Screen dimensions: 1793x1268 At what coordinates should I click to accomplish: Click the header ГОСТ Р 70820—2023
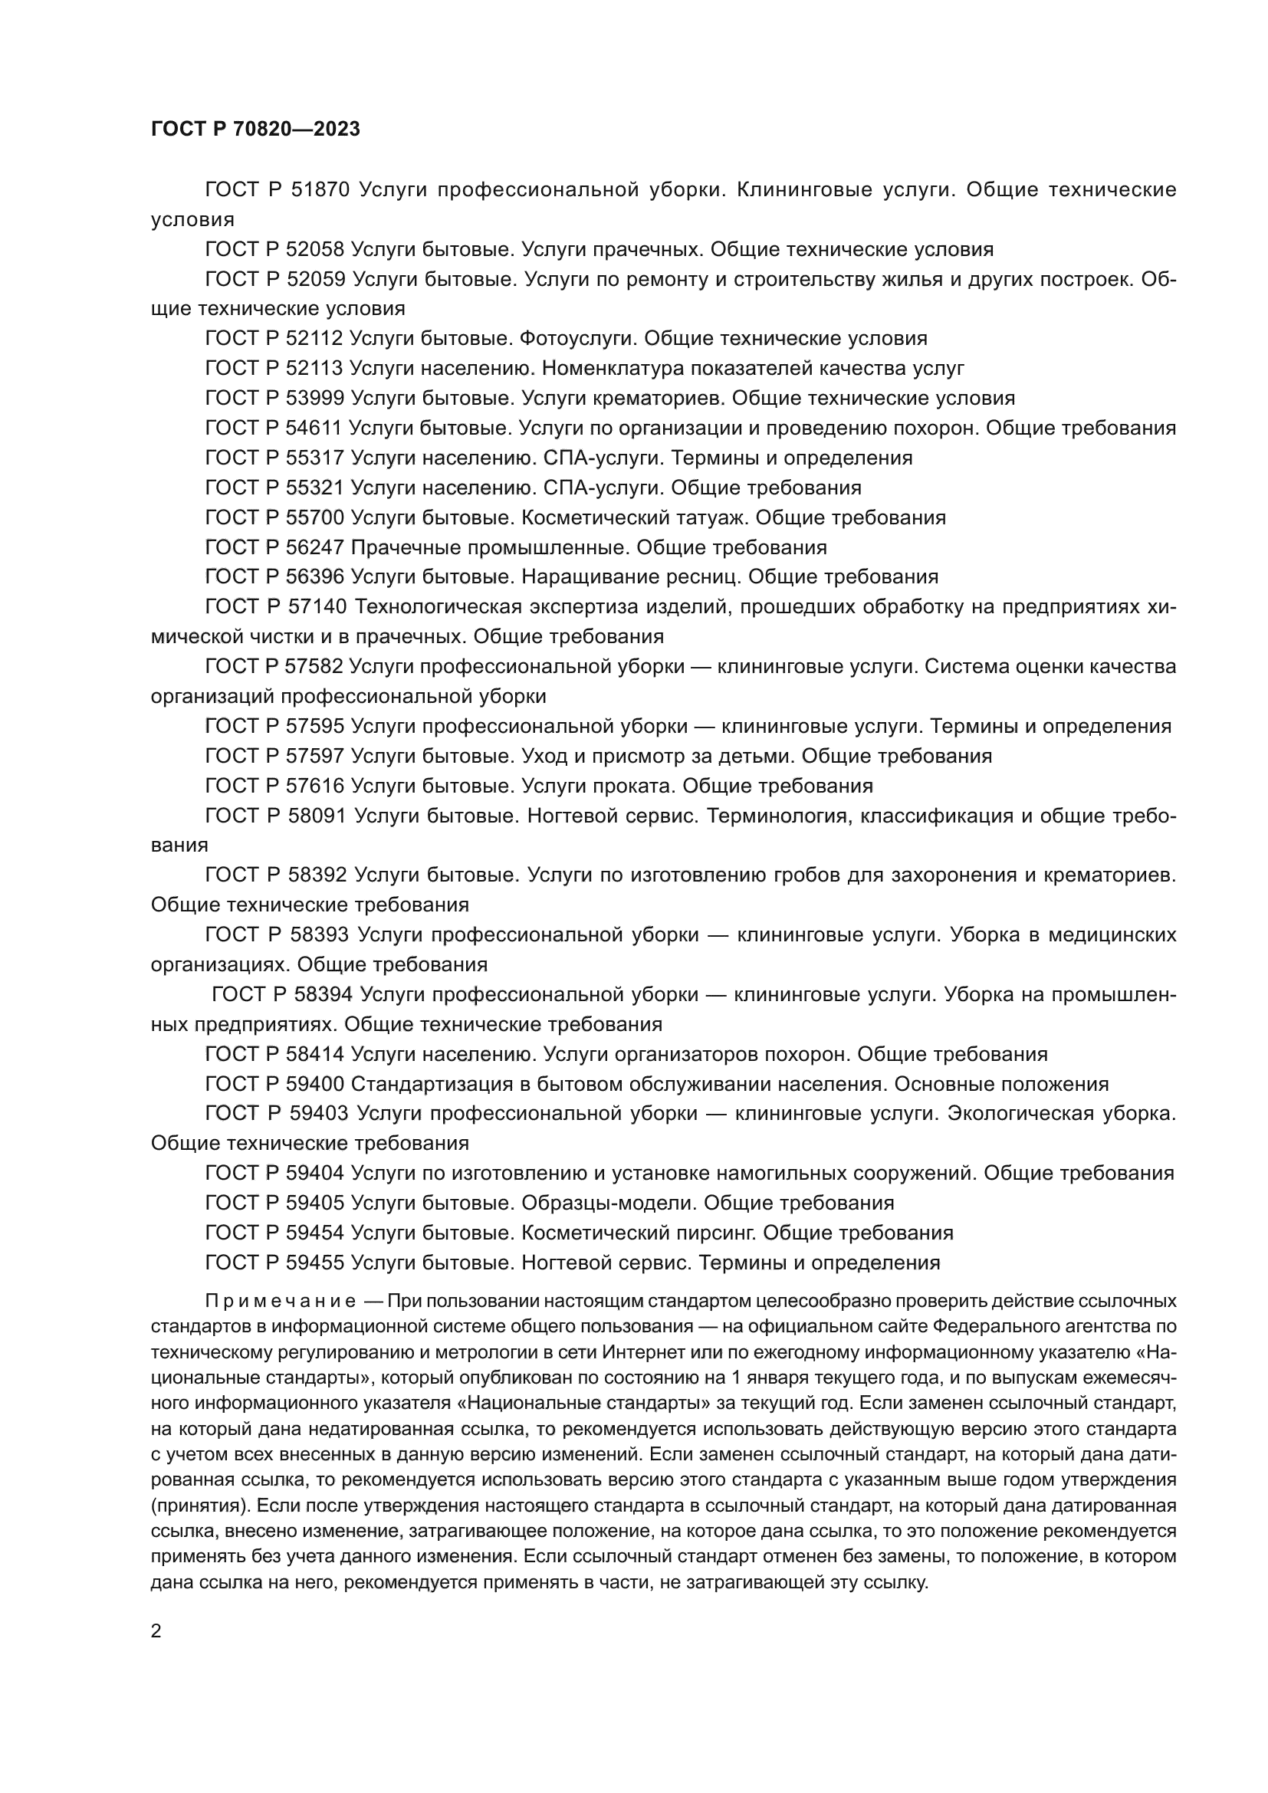click(255, 129)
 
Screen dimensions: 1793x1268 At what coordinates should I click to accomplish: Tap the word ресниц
click(705, 576)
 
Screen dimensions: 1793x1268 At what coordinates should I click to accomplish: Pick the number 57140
click(315, 607)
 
